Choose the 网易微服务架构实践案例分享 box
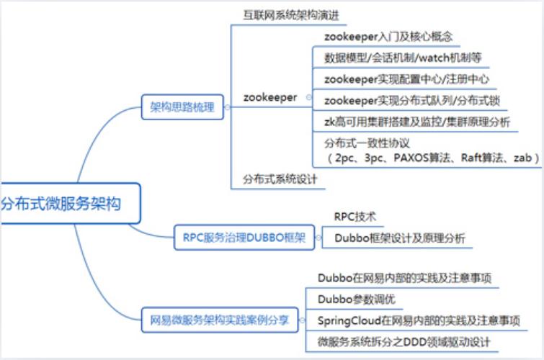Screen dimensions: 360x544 pos(220,319)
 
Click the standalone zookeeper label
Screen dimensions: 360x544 pos(269,98)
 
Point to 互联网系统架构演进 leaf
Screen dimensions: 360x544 pos(288,15)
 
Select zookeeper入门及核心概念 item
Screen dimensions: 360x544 pos(388,36)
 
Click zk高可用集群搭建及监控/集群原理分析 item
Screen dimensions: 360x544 pos(417,122)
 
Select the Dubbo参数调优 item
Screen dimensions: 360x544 pos(356,298)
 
